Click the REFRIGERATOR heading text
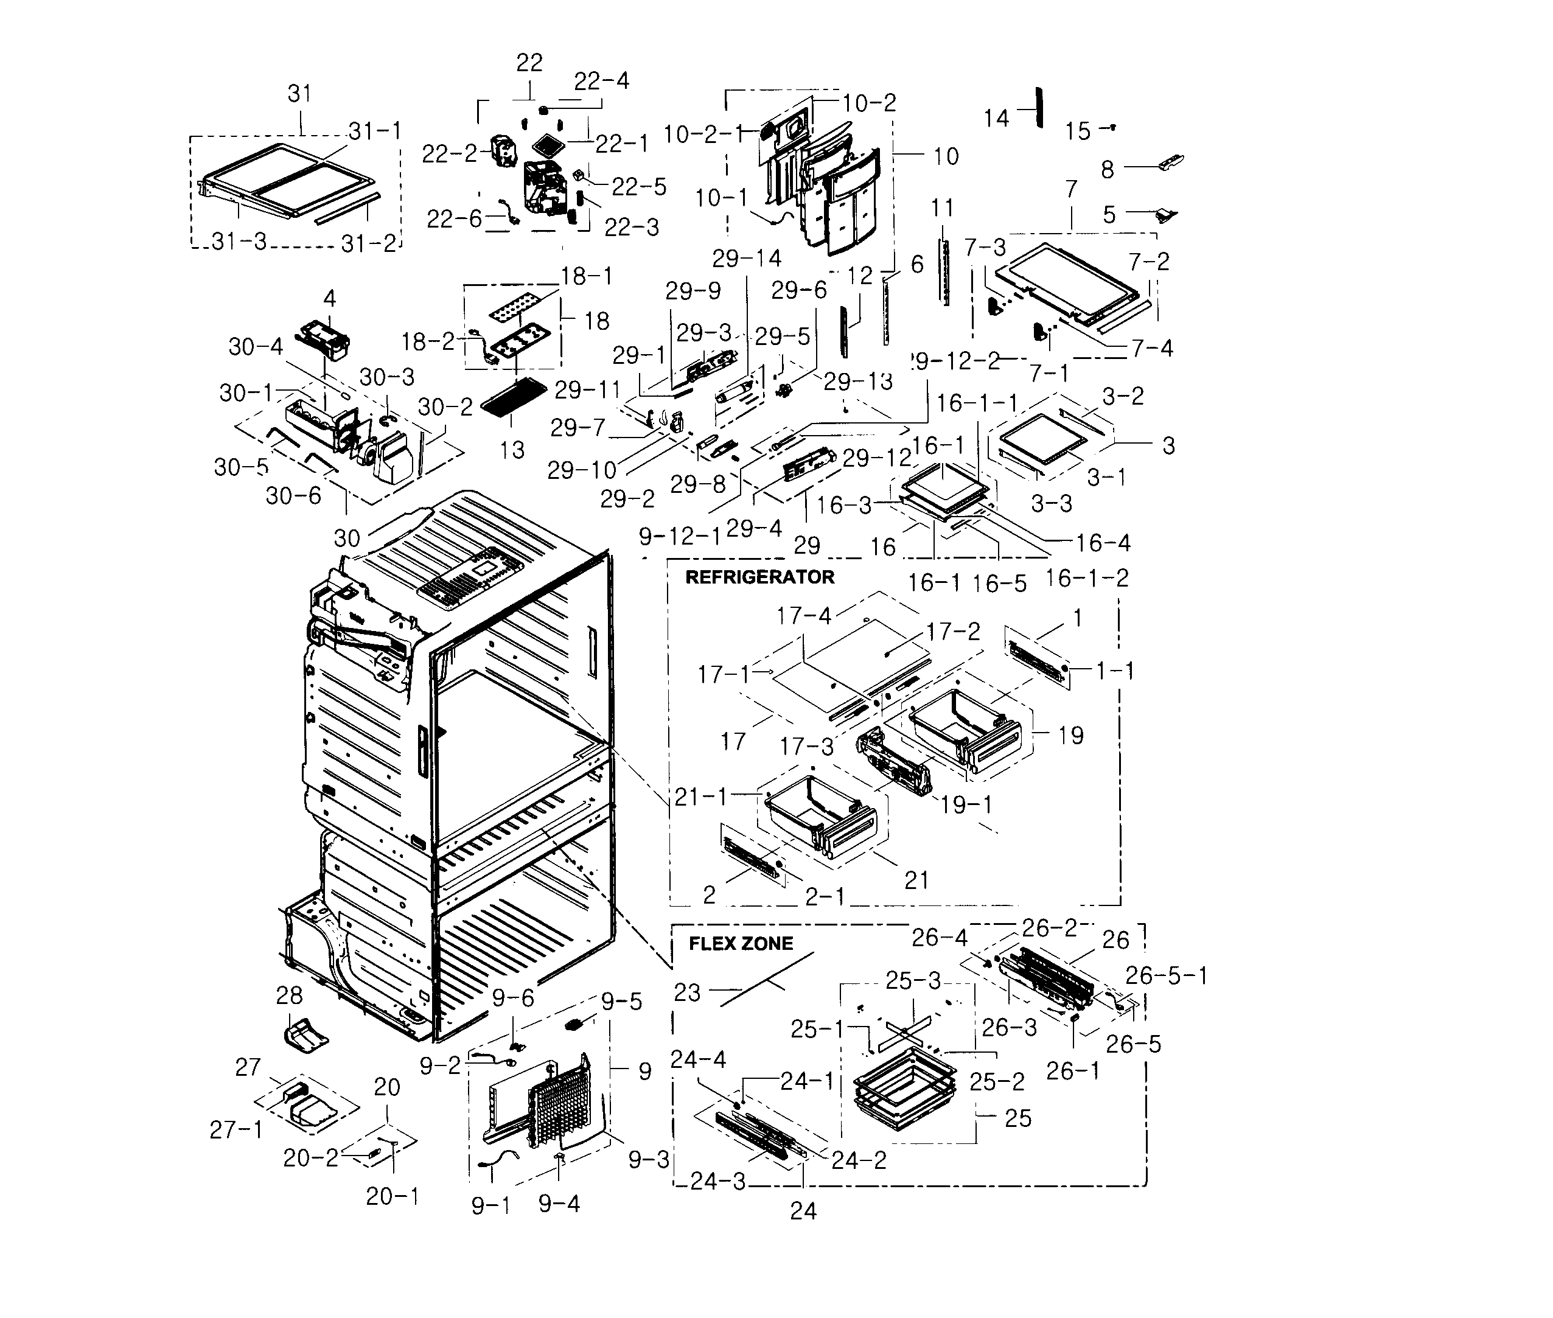[759, 577]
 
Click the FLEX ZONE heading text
[740, 944]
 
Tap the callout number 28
[289, 995]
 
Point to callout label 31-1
[375, 131]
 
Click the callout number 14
[996, 118]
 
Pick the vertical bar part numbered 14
[1038, 108]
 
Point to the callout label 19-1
[966, 804]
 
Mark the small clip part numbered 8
[1170, 162]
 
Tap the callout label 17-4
[803, 616]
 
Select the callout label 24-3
[717, 1181]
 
